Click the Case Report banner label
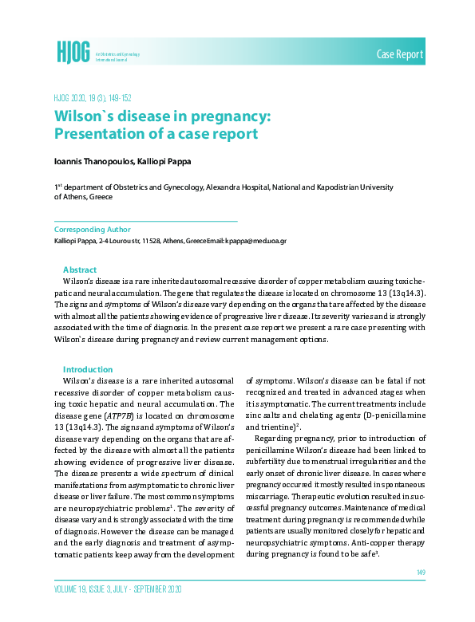pyautogui.click(x=400, y=53)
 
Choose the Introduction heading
pyautogui.click(x=88, y=369)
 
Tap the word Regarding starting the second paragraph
pyautogui.click(x=278, y=440)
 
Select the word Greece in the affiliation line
pyautogui.click(x=101, y=196)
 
